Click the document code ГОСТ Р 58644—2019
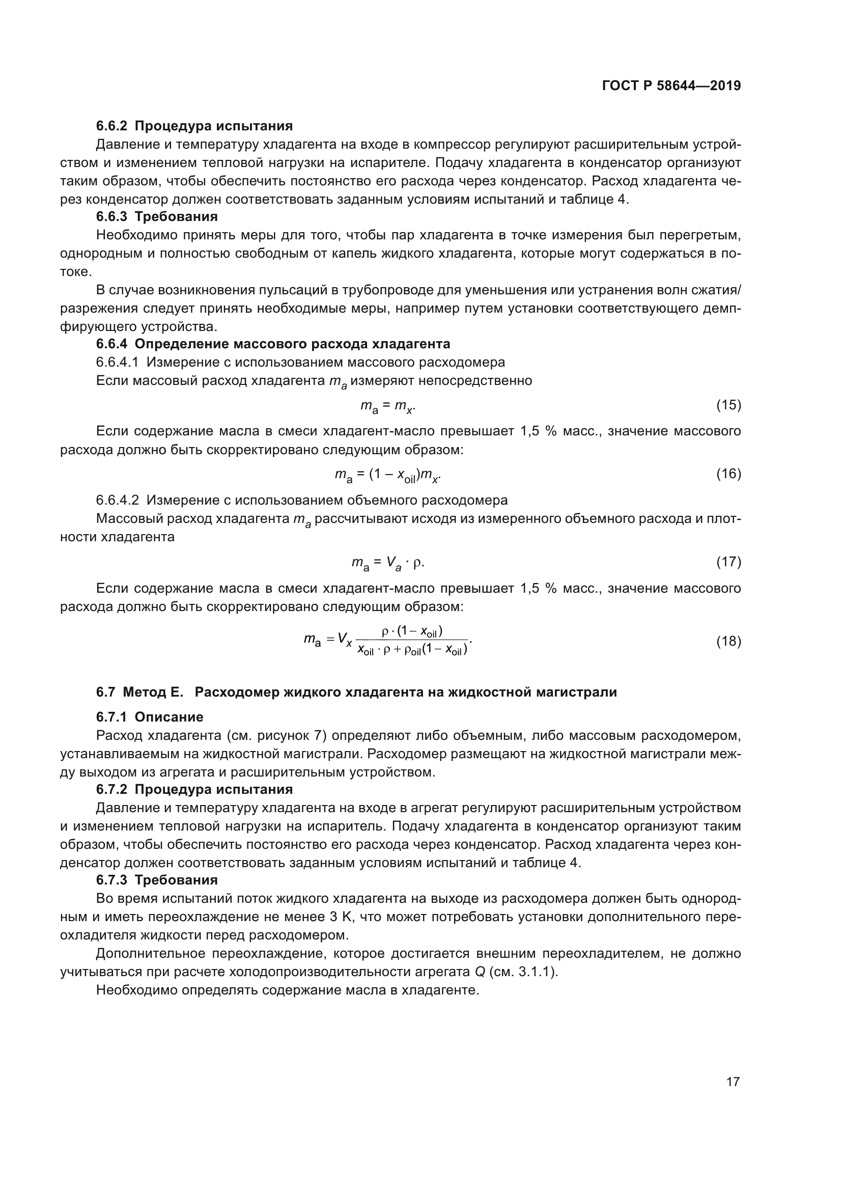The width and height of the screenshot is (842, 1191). [x=671, y=86]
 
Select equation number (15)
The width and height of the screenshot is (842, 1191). [x=728, y=405]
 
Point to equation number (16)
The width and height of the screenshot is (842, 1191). [x=728, y=474]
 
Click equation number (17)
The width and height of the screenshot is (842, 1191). [x=728, y=562]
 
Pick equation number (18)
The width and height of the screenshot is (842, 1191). [x=728, y=642]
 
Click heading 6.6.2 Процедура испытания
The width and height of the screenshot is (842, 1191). [x=194, y=126]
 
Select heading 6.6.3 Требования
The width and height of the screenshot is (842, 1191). [x=157, y=216]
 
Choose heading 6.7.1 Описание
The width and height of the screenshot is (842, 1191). [x=149, y=717]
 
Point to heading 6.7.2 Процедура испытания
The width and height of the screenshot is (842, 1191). [x=194, y=790]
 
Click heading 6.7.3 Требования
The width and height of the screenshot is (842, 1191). [x=157, y=880]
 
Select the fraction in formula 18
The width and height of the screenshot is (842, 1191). [x=412, y=641]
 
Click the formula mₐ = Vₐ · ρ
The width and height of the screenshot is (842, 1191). [x=388, y=562]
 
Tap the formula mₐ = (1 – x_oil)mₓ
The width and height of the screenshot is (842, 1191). [x=388, y=475]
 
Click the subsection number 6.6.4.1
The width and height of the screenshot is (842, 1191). [x=117, y=362]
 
